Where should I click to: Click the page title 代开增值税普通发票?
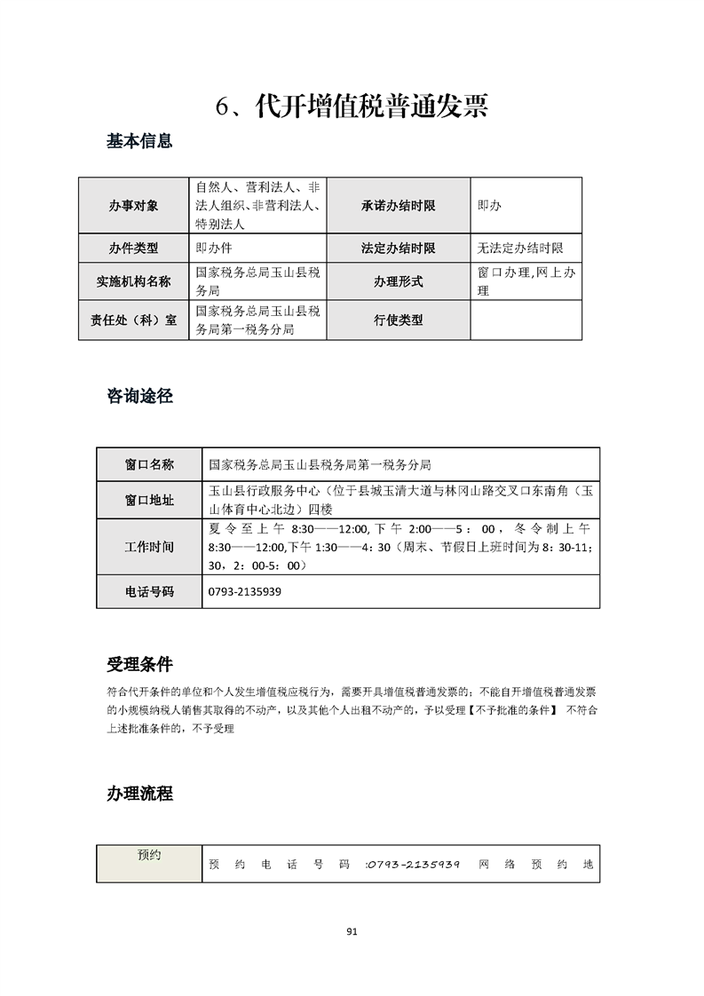tap(352, 107)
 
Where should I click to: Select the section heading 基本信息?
tap(139, 140)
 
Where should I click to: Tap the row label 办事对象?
tap(134, 205)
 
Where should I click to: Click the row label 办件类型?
tap(134, 249)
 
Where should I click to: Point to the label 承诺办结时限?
tap(398, 205)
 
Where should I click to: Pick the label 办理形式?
tap(398, 282)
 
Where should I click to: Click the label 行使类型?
tap(398, 320)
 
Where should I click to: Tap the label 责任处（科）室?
tap(134, 320)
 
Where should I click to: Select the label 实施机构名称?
tap(134, 282)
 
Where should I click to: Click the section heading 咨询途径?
tap(139, 396)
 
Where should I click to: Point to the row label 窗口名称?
tap(149, 464)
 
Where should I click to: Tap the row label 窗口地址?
tap(149, 501)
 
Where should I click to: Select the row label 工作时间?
tap(149, 546)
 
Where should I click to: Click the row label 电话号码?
tap(149, 591)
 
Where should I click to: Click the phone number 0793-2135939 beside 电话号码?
tap(245, 591)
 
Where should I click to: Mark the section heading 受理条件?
tap(139, 664)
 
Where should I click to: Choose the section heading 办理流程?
tap(139, 794)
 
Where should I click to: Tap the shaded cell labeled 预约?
tap(149, 856)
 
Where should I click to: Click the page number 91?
tap(352, 931)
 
